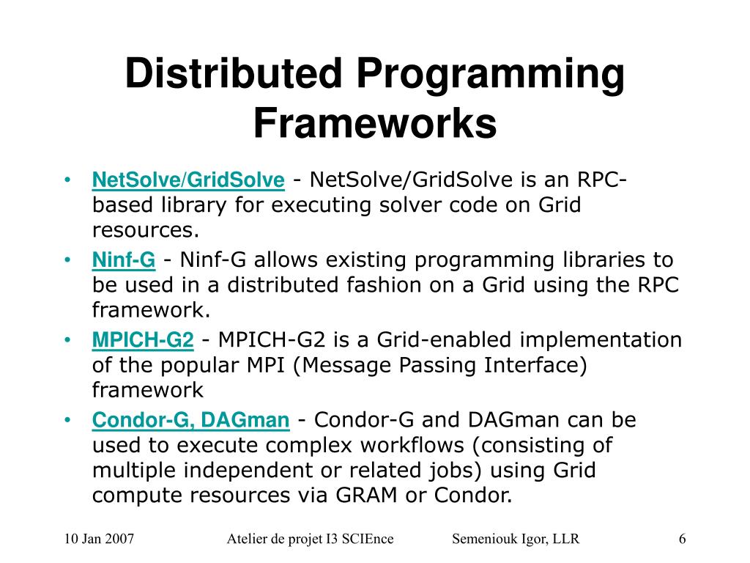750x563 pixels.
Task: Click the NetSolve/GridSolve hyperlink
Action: point(188,180)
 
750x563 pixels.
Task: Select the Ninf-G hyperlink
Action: point(123,260)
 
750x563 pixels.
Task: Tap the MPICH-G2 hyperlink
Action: point(143,340)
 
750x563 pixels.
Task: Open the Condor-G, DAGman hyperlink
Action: point(190,420)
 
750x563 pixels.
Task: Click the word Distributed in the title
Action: point(234,73)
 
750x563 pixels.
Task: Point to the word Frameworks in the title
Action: point(375,123)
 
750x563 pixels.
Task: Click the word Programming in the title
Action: point(490,76)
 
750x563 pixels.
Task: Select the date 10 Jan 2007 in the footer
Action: point(99,539)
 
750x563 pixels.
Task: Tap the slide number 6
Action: point(682,539)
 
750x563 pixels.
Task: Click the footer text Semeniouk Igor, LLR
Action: point(516,539)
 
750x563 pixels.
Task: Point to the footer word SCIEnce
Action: point(368,539)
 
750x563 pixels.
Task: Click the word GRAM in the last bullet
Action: point(366,495)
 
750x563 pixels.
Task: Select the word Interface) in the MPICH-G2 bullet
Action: point(535,365)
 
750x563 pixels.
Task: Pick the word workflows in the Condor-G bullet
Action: point(412,445)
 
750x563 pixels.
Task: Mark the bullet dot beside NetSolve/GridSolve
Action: point(67,180)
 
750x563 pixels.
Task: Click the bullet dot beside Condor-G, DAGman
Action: point(67,420)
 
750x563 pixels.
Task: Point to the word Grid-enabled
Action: point(444,340)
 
